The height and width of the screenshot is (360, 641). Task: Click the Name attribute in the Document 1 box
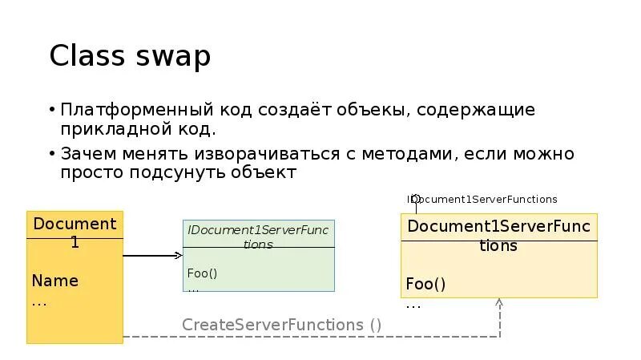[x=55, y=281]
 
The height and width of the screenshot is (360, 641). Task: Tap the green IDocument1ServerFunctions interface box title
[x=258, y=237]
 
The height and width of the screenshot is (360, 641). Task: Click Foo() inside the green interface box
[x=203, y=273]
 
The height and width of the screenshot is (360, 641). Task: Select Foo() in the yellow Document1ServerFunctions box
[x=425, y=284]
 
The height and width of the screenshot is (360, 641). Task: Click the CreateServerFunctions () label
[x=282, y=325]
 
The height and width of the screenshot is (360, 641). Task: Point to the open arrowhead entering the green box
[x=179, y=256]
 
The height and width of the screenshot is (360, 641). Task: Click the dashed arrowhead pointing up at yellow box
[x=498, y=303]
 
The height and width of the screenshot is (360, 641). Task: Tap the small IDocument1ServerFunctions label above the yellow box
[x=482, y=199]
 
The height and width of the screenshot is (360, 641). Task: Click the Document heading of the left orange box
[x=75, y=223]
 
